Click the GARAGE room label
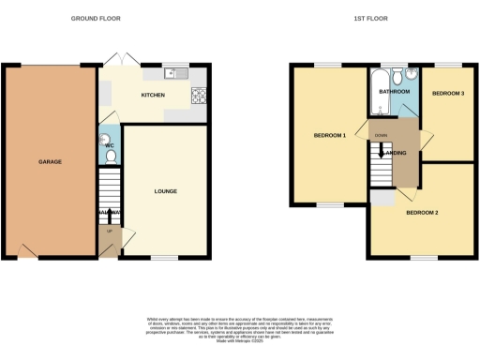click(x=50, y=162)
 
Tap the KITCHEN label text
click(x=153, y=96)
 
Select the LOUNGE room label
click(x=166, y=191)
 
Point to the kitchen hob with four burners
click(x=200, y=95)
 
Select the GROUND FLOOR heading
click(x=95, y=18)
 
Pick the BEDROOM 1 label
click(x=330, y=136)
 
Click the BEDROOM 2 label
click(x=422, y=213)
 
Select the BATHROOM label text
click(x=394, y=92)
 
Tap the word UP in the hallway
click(x=109, y=231)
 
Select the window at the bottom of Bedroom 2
click(x=424, y=258)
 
